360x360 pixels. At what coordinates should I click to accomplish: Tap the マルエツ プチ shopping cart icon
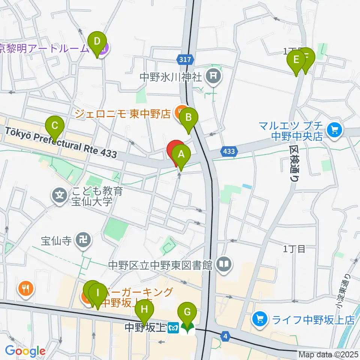coord(333,130)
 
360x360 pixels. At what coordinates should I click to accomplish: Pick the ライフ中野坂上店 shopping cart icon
coord(259,320)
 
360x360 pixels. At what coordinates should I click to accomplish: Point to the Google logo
coord(25,351)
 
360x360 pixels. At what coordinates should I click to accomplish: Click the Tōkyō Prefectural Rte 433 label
coord(60,143)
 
